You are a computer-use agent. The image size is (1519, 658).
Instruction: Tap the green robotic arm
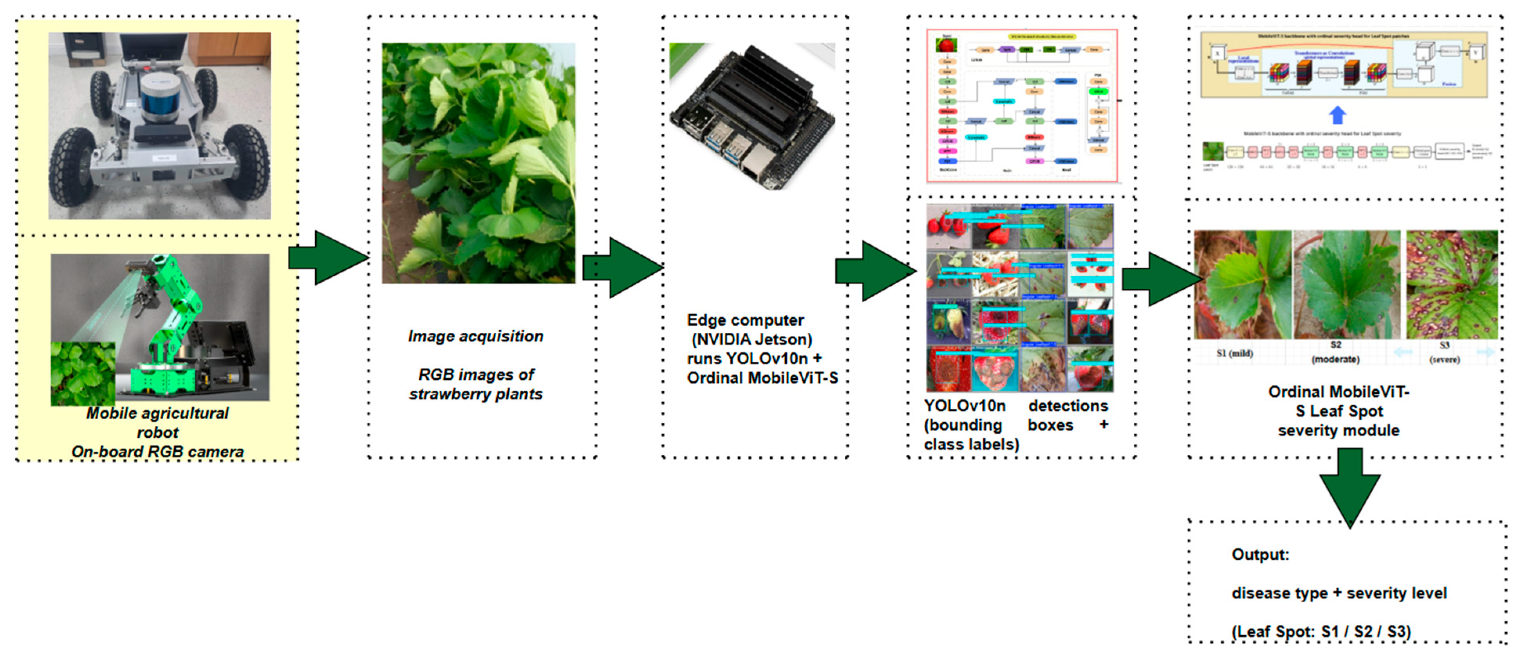(x=171, y=318)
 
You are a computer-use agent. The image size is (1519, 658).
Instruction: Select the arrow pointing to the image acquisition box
(x=330, y=258)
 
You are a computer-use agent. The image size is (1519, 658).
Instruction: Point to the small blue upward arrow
(x=1337, y=115)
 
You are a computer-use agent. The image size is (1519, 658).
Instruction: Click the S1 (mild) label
(x=1234, y=353)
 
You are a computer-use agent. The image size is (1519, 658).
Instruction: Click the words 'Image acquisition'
(x=475, y=336)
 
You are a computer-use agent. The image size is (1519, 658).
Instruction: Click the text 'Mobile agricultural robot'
(x=157, y=422)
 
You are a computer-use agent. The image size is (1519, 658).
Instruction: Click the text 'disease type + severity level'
(x=1338, y=593)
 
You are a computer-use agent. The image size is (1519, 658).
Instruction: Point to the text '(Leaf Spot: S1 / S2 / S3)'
(x=1321, y=631)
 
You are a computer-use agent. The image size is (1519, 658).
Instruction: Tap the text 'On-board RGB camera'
(x=157, y=452)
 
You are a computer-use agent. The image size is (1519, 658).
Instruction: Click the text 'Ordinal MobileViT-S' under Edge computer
(x=762, y=378)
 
